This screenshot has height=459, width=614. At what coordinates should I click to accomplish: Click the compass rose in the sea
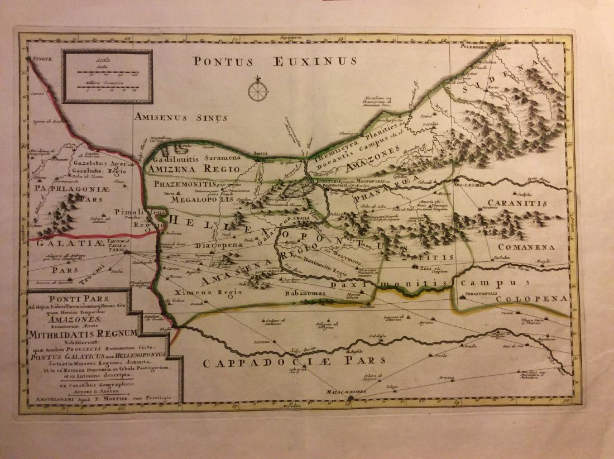[258, 90]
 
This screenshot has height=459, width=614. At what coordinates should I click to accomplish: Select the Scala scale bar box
[107, 76]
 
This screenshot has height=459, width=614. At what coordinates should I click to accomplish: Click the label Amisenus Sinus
[180, 117]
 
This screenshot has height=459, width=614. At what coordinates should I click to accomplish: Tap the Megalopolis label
[201, 198]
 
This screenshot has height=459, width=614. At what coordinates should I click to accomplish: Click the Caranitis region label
[516, 203]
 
